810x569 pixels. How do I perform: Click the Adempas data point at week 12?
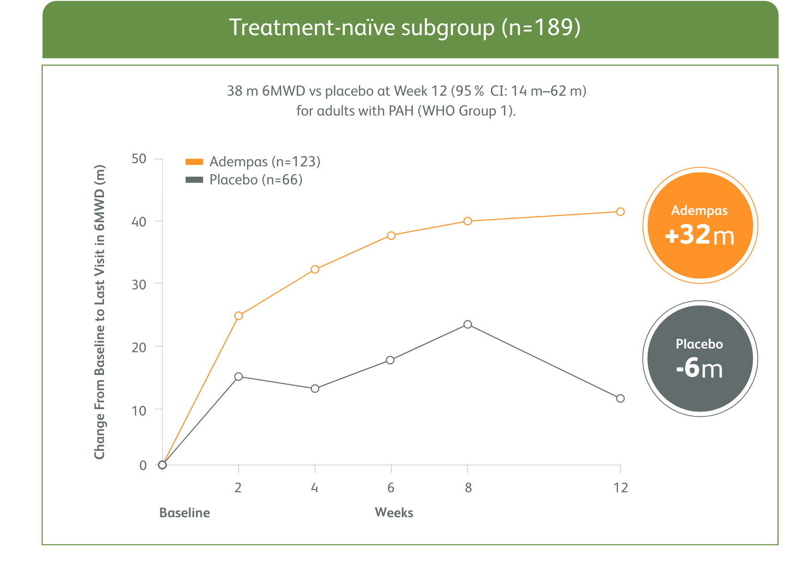coord(620,212)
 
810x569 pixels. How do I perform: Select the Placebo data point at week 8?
coord(467,324)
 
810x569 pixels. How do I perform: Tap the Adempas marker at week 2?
coord(239,316)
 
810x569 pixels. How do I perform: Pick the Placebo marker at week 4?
coord(315,389)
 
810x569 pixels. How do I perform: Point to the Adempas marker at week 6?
coord(391,236)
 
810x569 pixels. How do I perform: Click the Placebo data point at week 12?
coord(620,398)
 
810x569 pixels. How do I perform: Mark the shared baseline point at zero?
coord(162,465)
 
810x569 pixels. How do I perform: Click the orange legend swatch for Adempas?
coord(194,162)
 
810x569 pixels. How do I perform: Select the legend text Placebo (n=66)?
coord(256,180)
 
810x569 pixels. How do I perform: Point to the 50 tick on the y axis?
coord(139,159)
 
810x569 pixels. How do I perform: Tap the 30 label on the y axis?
coord(139,285)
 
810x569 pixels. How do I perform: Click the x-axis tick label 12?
coord(620,488)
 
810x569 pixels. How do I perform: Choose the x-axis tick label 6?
coord(391,488)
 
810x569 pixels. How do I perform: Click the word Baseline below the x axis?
coord(184,513)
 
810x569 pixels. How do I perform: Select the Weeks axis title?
coord(394,512)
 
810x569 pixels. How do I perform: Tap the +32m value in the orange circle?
coord(700,235)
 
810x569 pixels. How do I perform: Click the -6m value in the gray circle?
coord(700,368)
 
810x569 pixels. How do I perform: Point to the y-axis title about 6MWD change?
coord(100,312)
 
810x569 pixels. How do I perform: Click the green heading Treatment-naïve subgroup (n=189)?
coord(405,28)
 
